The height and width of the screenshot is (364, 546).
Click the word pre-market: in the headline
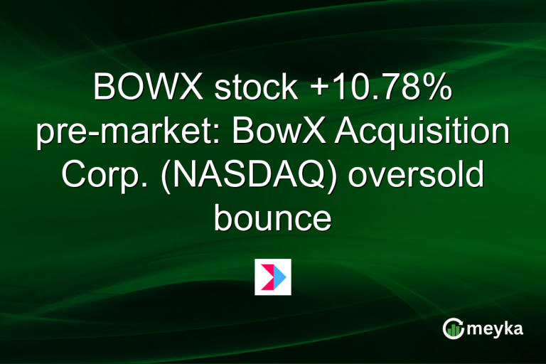click(117, 133)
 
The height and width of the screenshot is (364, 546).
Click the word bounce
click(272, 218)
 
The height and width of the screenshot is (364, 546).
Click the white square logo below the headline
click(273, 277)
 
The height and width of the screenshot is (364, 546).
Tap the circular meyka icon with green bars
click(453, 328)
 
